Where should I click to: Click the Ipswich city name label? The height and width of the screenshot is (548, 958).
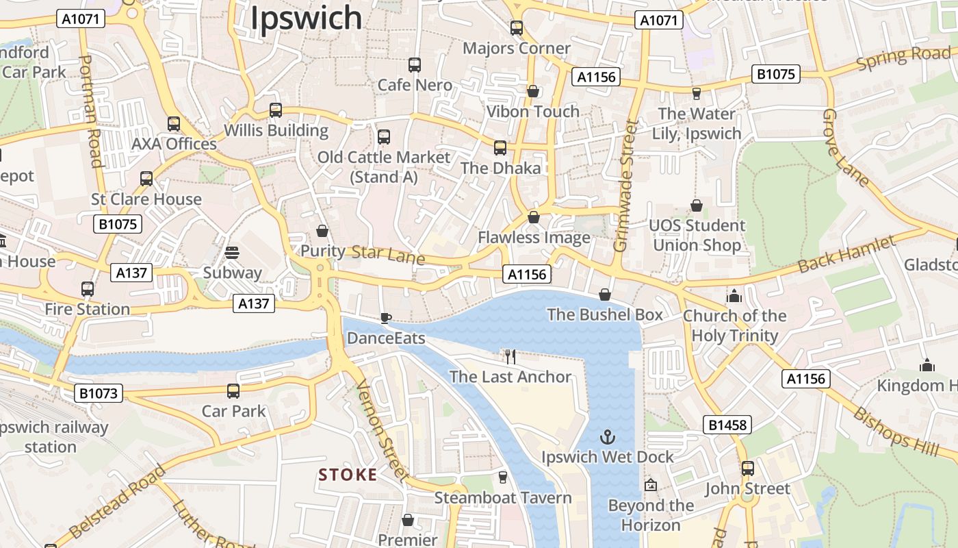[x=306, y=18]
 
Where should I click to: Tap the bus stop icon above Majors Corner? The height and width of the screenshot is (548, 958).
[x=517, y=28]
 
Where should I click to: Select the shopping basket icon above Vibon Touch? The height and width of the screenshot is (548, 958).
[x=533, y=91]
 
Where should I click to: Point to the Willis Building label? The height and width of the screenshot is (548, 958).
[x=276, y=130]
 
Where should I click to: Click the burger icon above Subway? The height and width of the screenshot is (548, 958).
[x=232, y=253]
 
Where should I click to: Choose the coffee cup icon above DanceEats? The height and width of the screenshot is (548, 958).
[x=386, y=318]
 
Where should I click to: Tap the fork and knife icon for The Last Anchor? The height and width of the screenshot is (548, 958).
[x=510, y=356]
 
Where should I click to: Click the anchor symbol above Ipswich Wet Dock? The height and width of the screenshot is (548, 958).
[x=607, y=436]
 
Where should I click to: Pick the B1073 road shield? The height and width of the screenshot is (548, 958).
[x=99, y=393]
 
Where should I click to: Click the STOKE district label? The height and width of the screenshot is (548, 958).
[x=348, y=475]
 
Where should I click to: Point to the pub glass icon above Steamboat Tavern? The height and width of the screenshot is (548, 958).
[x=503, y=477]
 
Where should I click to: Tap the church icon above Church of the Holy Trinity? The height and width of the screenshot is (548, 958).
[x=734, y=296]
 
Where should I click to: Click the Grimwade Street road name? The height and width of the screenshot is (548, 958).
[x=627, y=186]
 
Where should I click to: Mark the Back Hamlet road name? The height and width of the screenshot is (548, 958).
[x=847, y=255]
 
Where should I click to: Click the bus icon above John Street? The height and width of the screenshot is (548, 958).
[x=748, y=469]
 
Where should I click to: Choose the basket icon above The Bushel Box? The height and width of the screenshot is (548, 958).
[x=605, y=295]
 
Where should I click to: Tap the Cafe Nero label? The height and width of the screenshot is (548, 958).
[x=415, y=85]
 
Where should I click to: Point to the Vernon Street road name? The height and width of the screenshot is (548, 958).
[x=382, y=432]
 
